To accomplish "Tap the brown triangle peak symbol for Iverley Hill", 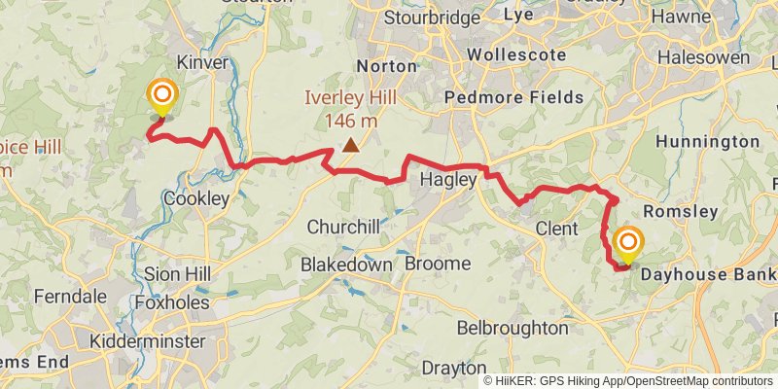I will [x=349, y=146].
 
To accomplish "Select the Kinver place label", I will [x=203, y=62].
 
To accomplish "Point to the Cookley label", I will [x=196, y=198].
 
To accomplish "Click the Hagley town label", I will [x=447, y=180].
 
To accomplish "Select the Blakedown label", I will [x=346, y=265].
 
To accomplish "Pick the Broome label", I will [x=438, y=265].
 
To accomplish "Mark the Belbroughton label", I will [x=512, y=328].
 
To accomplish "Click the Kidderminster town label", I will [x=147, y=341].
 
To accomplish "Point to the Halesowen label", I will [x=703, y=58].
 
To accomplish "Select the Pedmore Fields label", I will [x=513, y=97].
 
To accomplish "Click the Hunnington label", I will [x=707, y=142].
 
